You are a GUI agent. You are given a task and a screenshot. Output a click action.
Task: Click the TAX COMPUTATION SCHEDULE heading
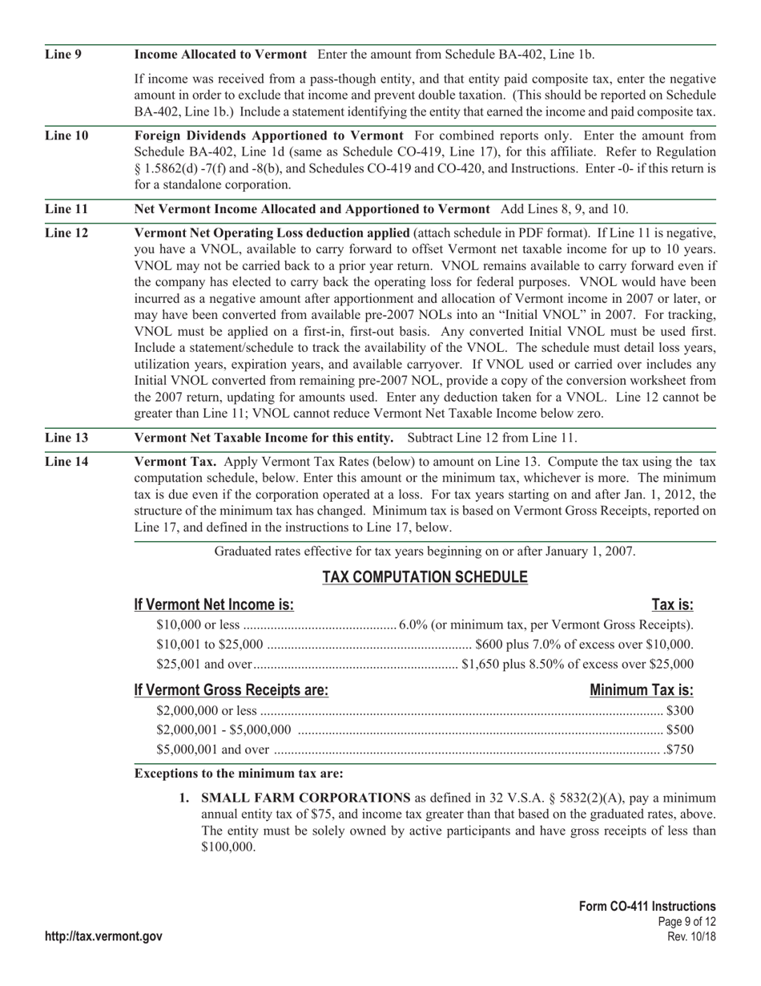[425, 577]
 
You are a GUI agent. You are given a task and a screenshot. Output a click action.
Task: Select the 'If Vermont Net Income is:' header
[214, 604]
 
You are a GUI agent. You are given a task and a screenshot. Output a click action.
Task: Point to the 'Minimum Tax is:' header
[641, 690]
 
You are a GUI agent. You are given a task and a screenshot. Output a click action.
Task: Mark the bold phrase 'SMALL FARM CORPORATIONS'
[306, 798]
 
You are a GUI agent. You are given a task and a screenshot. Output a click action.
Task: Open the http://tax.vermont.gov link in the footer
[104, 936]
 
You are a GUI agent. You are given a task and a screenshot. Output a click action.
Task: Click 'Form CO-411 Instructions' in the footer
[647, 906]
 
